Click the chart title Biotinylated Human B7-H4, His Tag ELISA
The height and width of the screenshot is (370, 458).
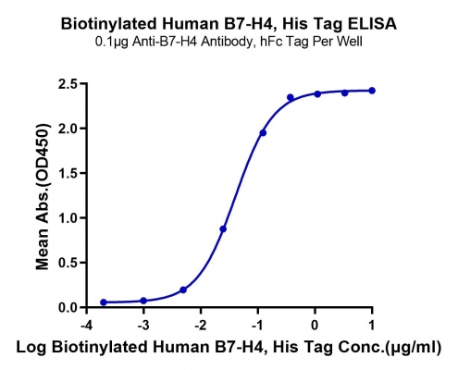click(229, 24)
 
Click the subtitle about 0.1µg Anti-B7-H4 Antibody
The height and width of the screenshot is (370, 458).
click(229, 42)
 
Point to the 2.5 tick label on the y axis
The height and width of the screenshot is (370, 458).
click(68, 84)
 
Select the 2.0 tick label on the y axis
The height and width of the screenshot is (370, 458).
click(68, 129)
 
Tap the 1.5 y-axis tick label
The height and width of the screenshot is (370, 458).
click(68, 173)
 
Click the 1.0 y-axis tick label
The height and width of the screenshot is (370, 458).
click(68, 218)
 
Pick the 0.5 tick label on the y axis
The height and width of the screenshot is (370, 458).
click(68, 263)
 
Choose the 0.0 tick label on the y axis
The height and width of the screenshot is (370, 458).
click(68, 307)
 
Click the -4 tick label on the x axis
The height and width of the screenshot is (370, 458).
click(87, 326)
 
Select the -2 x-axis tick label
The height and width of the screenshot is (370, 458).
click(201, 326)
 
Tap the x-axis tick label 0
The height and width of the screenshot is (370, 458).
click(315, 326)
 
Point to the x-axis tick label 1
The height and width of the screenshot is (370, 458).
click(372, 326)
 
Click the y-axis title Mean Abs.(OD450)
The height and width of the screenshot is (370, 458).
click(43, 197)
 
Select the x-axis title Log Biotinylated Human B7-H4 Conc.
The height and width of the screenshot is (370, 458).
click(229, 348)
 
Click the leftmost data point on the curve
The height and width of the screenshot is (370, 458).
click(104, 302)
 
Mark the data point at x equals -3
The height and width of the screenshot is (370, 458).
click(143, 301)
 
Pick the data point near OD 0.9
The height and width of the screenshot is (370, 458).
click(223, 229)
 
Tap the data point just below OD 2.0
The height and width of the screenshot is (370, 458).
click(263, 133)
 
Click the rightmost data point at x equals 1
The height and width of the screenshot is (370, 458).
click(372, 91)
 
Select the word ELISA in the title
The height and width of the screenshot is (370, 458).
click(373, 24)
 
